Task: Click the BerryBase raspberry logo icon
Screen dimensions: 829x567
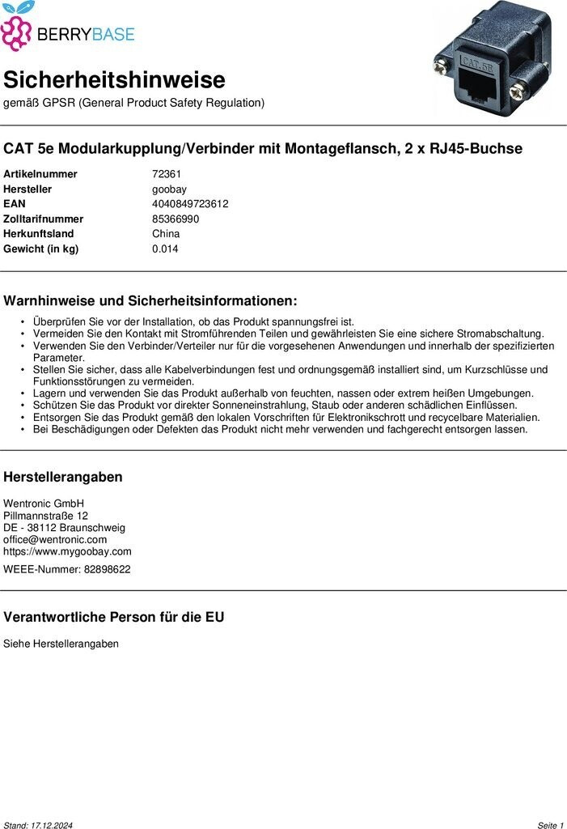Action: (x=17, y=31)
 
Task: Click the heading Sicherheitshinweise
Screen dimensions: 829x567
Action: (x=114, y=80)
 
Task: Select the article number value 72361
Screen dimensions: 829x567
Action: (x=167, y=174)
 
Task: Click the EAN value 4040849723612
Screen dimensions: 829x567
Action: (x=190, y=204)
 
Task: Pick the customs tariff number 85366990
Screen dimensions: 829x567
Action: (x=176, y=219)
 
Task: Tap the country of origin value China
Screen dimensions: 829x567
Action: (x=166, y=234)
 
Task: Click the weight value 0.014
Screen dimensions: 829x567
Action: (x=165, y=249)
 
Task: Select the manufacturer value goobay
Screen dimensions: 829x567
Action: (x=170, y=189)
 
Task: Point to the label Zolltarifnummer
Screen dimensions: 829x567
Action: (x=43, y=219)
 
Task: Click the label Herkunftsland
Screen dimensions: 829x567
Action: (x=38, y=234)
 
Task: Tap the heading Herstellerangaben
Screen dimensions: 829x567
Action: (x=63, y=477)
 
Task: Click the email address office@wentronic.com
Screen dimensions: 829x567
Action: (x=55, y=539)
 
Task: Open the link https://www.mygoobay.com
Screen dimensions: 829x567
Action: (x=67, y=551)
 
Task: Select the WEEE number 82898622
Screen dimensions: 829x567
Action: (x=107, y=569)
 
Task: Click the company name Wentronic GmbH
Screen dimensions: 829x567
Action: (x=44, y=504)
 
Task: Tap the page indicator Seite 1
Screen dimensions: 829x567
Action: (x=549, y=825)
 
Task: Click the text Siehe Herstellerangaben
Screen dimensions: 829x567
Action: (x=61, y=644)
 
